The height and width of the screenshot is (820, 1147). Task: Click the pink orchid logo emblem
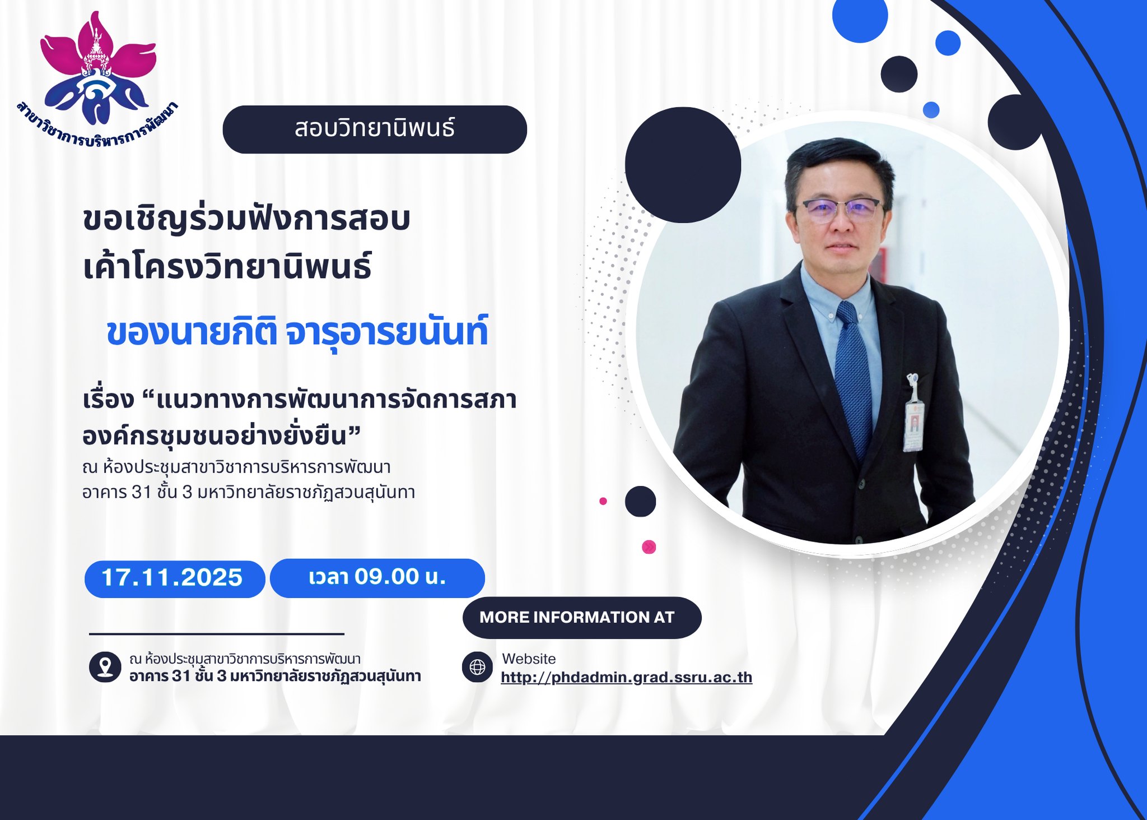pyautogui.click(x=99, y=67)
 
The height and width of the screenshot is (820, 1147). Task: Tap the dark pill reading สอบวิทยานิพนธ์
pyautogui.click(x=375, y=129)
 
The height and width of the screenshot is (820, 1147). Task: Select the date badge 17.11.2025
pyautogui.click(x=174, y=578)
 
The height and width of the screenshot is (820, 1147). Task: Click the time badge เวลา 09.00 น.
pyautogui.click(x=377, y=578)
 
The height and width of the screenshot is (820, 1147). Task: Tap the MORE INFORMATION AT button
pyautogui.click(x=581, y=618)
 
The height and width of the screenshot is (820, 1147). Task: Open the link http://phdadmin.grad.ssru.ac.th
pyautogui.click(x=626, y=678)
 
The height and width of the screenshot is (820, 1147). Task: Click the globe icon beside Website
pyautogui.click(x=477, y=667)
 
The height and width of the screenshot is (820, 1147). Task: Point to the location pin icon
pyautogui.click(x=105, y=667)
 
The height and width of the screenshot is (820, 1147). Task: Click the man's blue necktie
pyautogui.click(x=853, y=376)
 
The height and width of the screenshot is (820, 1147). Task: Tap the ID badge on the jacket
pyautogui.click(x=913, y=415)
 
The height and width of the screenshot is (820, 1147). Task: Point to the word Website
pyautogui.click(x=529, y=659)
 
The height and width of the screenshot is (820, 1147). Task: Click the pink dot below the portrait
pyautogui.click(x=649, y=546)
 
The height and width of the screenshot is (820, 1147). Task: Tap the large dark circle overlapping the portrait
pyautogui.click(x=683, y=165)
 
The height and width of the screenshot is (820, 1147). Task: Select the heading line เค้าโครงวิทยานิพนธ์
pyautogui.click(x=227, y=267)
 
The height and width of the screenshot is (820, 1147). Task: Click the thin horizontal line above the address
pyautogui.click(x=217, y=634)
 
